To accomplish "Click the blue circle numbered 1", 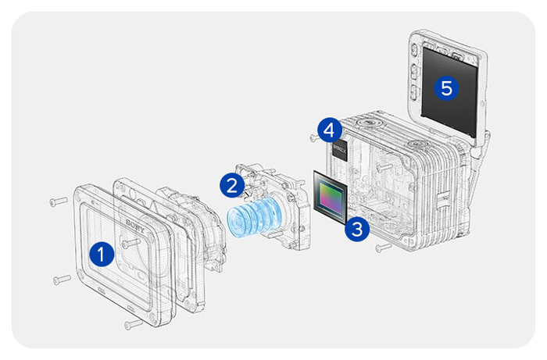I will point(99,253).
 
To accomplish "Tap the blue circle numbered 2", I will point(231,185).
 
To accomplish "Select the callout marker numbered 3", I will point(356,229).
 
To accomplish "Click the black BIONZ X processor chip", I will point(340,148).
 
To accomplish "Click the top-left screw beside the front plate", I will point(57,201).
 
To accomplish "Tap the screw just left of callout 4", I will point(313,137).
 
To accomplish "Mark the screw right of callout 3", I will point(381,248).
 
